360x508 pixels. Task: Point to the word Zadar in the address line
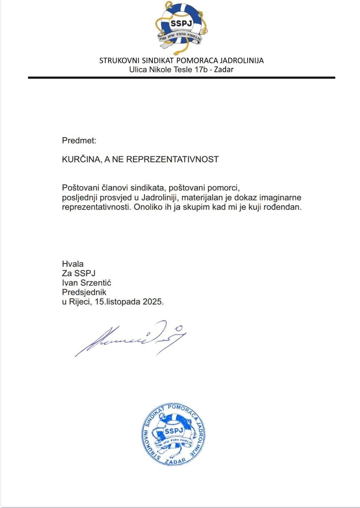click(224, 69)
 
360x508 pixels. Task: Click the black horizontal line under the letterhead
click(181, 77)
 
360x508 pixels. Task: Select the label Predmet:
click(79, 141)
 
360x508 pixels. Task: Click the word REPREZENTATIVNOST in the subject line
click(172, 159)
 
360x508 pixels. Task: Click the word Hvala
click(73, 264)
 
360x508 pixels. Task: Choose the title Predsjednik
click(84, 292)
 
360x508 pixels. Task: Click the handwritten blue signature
click(130, 338)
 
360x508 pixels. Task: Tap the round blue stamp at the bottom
click(174, 434)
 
